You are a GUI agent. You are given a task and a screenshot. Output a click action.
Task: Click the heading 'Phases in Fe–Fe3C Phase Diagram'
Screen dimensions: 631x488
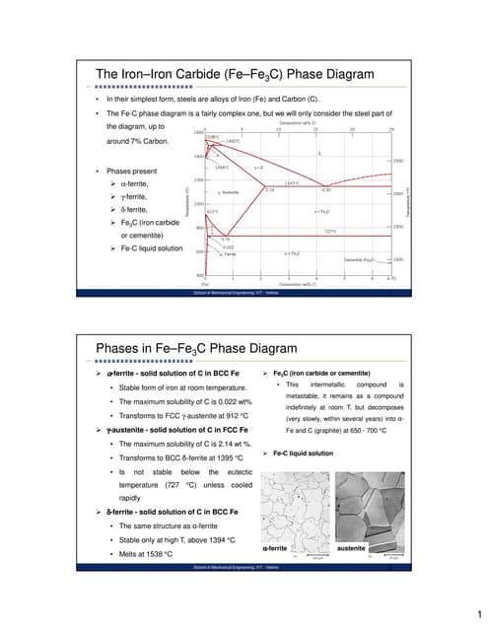click(195, 347)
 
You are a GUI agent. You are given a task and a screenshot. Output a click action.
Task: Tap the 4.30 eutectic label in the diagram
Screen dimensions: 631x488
click(326, 189)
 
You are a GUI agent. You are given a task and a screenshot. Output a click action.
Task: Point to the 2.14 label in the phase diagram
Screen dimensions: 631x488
click(269, 189)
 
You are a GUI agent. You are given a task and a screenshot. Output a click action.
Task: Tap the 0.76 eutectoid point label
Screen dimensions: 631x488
click(225, 239)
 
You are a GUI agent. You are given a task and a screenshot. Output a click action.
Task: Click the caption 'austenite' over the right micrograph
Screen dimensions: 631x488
click(352, 547)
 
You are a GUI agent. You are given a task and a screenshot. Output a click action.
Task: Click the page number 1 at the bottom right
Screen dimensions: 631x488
click(476, 610)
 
